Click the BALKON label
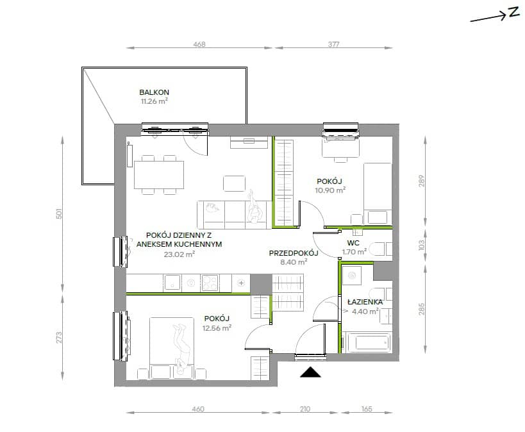pyautogui.click(x=154, y=92)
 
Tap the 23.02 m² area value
pyautogui.click(x=179, y=254)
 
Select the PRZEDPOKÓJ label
pyautogui.click(x=294, y=253)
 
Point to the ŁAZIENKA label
pyautogui.click(x=365, y=301)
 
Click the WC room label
pyautogui.click(x=353, y=243)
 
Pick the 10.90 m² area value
pyautogui.click(x=330, y=190)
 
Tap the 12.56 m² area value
pyautogui.click(x=217, y=328)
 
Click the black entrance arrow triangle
pyautogui.click(x=310, y=372)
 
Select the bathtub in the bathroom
pyautogui.click(x=369, y=342)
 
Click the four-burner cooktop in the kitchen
pyautogui.click(x=210, y=283)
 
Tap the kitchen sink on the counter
pyautogui.click(x=172, y=283)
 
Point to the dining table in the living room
pyautogui.click(x=159, y=174)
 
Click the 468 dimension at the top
pyautogui.click(x=199, y=44)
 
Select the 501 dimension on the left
pyautogui.click(x=59, y=213)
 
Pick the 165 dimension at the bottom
pyautogui.click(x=367, y=409)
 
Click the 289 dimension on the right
pyautogui.click(x=422, y=181)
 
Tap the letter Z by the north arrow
pyautogui.click(x=513, y=12)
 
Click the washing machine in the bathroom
pyautogui.click(x=351, y=276)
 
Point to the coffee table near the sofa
pyautogui.click(x=235, y=183)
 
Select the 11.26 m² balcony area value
pyautogui.click(x=154, y=101)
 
